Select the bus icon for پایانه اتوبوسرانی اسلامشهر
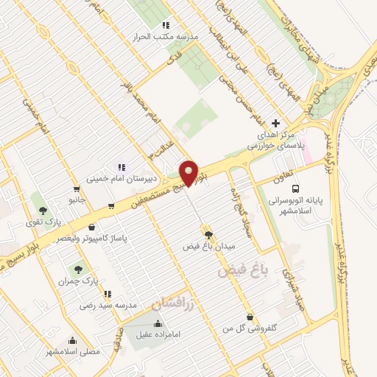295,188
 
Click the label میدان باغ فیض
207,247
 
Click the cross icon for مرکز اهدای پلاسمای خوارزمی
276,123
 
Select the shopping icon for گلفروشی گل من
250,317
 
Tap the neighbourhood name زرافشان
172,302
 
